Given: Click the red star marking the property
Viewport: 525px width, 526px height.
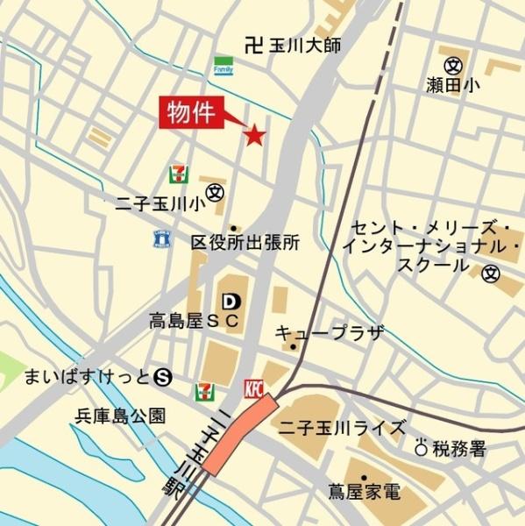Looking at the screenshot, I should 254,135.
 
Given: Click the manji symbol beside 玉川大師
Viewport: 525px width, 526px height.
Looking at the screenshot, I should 254,44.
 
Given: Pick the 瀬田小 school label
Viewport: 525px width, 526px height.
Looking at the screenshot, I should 453,85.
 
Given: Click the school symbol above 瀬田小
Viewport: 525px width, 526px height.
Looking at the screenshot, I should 453,64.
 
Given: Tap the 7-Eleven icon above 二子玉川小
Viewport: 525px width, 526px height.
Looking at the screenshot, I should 179,172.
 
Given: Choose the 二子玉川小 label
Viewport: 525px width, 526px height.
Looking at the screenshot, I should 160,204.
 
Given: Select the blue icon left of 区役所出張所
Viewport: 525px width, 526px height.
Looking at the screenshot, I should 161,238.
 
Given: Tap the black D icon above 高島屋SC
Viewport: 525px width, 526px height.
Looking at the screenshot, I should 231,302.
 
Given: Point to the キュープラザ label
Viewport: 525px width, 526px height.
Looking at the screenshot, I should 330,332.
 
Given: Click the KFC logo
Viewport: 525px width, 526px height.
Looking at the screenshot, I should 253,388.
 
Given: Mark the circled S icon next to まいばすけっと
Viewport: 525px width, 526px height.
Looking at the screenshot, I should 161,377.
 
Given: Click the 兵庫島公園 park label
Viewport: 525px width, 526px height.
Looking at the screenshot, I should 120,416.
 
